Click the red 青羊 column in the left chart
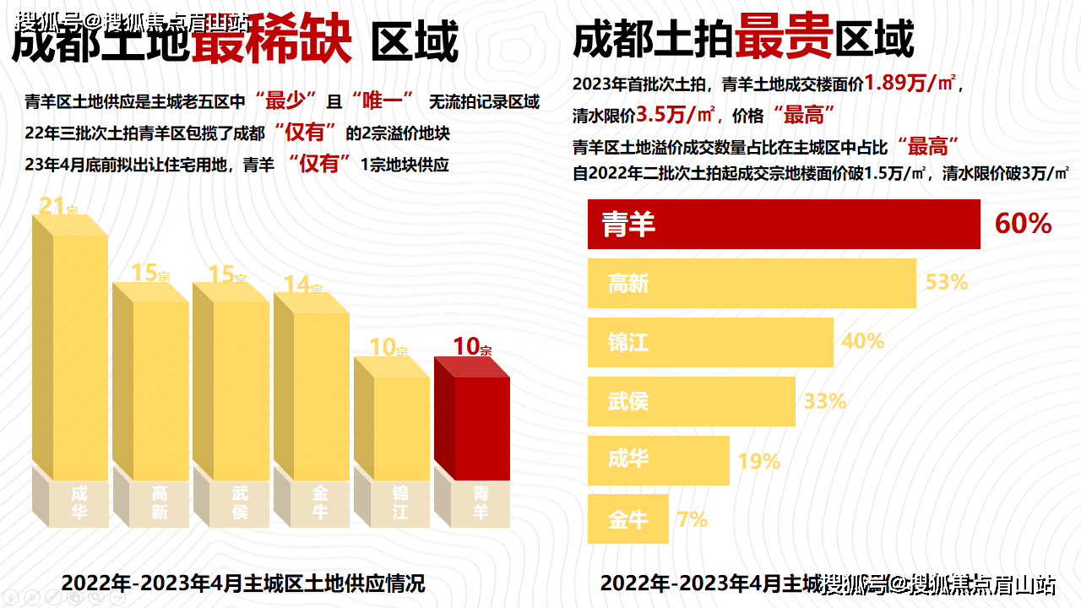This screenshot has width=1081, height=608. point(472,422)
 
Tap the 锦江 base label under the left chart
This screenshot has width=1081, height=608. point(400,502)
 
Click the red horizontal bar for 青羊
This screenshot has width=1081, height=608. point(784,225)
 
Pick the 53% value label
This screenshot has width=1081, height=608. point(946,282)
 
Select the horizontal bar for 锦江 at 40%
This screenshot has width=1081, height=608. point(710,342)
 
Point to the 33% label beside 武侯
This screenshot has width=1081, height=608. point(824,401)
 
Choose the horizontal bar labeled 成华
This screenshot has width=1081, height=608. point(658,460)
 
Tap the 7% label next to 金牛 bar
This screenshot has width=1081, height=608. point(692,519)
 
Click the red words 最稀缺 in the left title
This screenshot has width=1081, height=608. point(272,42)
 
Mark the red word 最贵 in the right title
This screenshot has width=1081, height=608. point(784,39)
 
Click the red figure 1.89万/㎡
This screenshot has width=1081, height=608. point(910,84)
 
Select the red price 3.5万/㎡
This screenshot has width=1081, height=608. point(676,114)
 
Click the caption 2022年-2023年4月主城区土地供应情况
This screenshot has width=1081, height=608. point(243,583)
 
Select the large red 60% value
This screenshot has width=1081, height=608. point(1023,224)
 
